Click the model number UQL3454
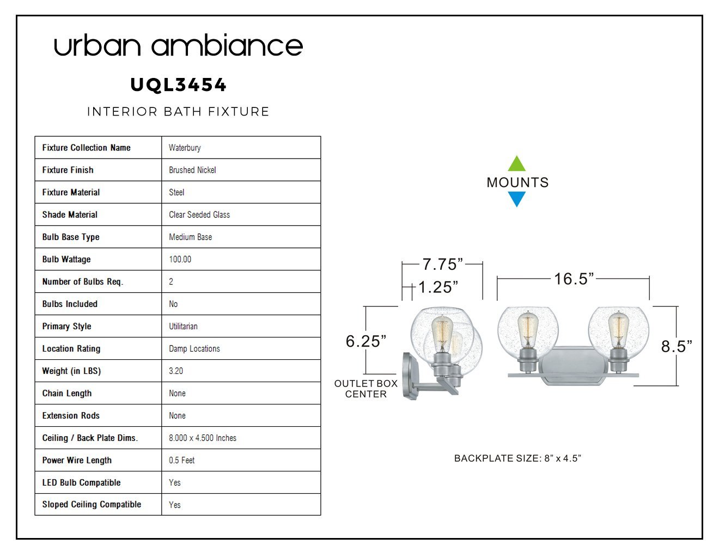[x=178, y=85]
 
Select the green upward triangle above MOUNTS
[x=516, y=163]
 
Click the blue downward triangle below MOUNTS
[x=516, y=200]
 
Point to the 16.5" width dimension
[x=574, y=279]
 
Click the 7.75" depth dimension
[x=443, y=264]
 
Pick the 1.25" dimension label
[x=438, y=287]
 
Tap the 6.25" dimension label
[x=366, y=341]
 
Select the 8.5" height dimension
[x=677, y=346]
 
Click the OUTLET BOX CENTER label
[x=366, y=389]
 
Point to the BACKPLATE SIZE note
[x=517, y=458]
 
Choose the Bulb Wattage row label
[x=66, y=259]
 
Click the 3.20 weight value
[x=176, y=371]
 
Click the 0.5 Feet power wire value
[x=181, y=460]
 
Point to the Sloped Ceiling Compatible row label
[x=92, y=504]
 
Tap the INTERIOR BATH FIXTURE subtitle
[x=178, y=112]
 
